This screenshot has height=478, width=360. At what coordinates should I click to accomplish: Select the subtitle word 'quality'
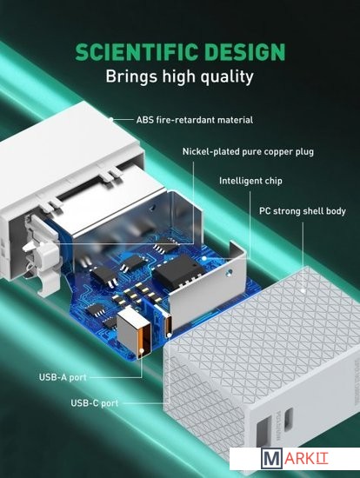tap(227, 76)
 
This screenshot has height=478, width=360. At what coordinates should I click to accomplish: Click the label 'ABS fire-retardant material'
tap(194, 120)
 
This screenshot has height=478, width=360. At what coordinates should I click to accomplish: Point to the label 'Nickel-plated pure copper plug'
tap(248, 151)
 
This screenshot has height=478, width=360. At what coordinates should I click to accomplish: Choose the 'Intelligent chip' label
tap(250, 181)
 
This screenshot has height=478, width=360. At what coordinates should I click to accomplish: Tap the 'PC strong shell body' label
tap(303, 211)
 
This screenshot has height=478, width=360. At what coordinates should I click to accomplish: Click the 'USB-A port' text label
tap(63, 377)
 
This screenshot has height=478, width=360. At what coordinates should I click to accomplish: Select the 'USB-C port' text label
tap(94, 403)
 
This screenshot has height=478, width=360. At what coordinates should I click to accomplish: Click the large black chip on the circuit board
tap(178, 269)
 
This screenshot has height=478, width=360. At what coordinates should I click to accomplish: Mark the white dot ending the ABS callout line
tap(111, 119)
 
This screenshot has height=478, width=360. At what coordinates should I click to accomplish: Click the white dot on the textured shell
tap(303, 291)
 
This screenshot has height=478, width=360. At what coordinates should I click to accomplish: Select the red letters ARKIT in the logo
tap(306, 459)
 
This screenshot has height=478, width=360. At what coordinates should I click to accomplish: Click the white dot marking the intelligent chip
tap(203, 258)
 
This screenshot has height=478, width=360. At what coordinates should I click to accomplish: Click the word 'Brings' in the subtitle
tap(132, 76)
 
